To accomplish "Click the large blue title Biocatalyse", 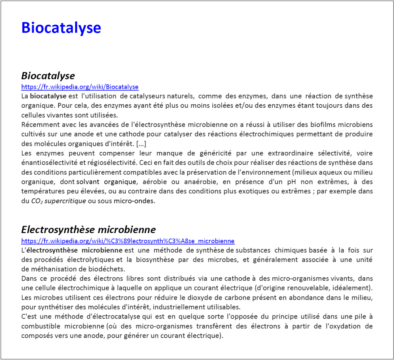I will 61,28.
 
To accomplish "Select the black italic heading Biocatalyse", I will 48,75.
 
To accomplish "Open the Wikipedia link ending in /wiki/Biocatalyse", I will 80,87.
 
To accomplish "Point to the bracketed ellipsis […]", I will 141,143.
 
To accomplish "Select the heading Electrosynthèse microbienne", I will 88,230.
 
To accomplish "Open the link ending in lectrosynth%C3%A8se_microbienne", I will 127,241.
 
